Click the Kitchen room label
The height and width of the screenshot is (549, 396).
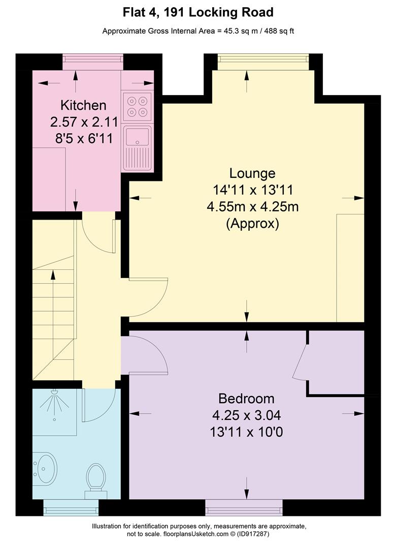tap(83, 105)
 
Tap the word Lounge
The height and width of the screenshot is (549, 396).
tap(252, 173)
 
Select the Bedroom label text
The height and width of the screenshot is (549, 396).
tap(246, 399)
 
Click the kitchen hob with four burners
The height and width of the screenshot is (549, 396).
tap(137, 106)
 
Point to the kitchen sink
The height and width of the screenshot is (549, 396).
tap(137, 148)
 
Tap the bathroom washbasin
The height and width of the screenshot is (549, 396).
tap(45, 469)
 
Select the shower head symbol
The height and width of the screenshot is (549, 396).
tap(54, 403)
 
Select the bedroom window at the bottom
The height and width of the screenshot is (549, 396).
tap(244, 507)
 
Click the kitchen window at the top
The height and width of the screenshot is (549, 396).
tap(93, 62)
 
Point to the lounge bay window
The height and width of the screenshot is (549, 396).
tap(263, 62)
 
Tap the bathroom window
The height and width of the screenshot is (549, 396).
tap(71, 507)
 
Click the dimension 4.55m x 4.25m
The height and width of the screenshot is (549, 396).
tap(252, 206)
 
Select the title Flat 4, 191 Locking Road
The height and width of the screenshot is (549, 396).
tap(198, 13)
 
